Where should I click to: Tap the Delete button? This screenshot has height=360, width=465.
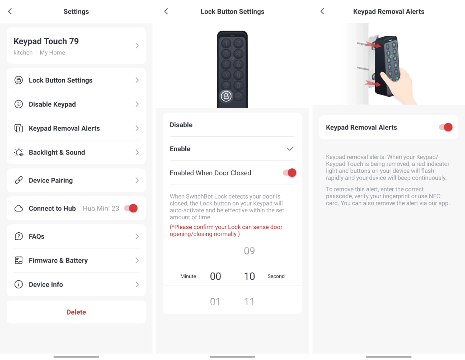[x=76, y=312]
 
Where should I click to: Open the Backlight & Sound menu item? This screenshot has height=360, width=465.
[x=76, y=152]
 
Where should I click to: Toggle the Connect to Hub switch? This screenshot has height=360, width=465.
[x=131, y=208]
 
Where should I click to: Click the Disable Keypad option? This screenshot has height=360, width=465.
[x=76, y=104]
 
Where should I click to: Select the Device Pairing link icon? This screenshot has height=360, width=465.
[x=19, y=180]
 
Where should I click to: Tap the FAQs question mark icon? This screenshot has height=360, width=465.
[x=19, y=236]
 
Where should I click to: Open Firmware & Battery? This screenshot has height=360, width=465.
[x=76, y=260]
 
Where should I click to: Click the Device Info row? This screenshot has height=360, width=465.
[x=76, y=284]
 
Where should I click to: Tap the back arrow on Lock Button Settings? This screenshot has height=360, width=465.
[x=166, y=11]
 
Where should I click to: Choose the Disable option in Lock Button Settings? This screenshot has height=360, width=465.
[x=232, y=125]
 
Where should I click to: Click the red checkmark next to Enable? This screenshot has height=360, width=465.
[x=290, y=149]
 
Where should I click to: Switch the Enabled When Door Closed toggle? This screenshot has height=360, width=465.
[x=289, y=173]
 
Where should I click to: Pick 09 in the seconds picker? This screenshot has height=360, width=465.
[x=249, y=251]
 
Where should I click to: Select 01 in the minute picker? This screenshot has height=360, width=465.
[x=215, y=302]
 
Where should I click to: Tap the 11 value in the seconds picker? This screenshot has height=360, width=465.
[x=249, y=302]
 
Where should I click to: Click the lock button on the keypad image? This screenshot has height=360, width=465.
[x=226, y=96]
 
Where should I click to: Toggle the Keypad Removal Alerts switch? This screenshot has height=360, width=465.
[x=445, y=127]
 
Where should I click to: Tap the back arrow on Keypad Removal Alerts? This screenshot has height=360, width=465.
[x=322, y=11]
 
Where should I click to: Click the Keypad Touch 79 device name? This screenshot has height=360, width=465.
[x=46, y=41]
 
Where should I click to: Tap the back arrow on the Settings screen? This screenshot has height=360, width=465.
[x=10, y=11]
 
